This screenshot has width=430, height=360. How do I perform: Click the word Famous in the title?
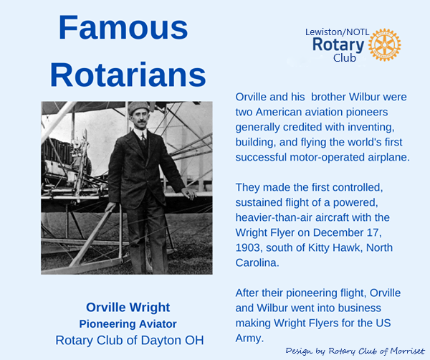pyautogui.click(x=123, y=28)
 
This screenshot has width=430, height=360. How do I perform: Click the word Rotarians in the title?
pyautogui.click(x=128, y=75)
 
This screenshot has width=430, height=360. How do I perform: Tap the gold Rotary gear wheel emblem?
pyautogui.click(x=384, y=44)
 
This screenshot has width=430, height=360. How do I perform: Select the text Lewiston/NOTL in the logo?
pyautogui.click(x=337, y=32)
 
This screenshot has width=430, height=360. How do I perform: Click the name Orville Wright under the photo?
pyautogui.click(x=128, y=308)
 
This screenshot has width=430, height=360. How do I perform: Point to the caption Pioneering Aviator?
pyautogui.click(x=128, y=323)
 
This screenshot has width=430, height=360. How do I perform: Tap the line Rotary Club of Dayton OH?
pyautogui.click(x=130, y=340)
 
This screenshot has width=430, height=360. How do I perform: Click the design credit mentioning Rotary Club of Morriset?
pyautogui.click(x=355, y=351)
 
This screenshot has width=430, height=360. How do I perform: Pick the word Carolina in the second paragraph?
pyautogui.click(x=257, y=263)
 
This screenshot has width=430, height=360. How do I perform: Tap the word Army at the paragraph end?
pyautogui.click(x=249, y=338)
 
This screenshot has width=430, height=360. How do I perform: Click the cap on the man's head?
pyautogui.click(x=139, y=108)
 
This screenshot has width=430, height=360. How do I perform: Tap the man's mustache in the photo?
pyautogui.click(x=140, y=122)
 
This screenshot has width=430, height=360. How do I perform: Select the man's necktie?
pyautogui.click(x=143, y=138)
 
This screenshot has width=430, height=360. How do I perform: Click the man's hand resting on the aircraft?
pyautogui.click(x=189, y=193)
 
